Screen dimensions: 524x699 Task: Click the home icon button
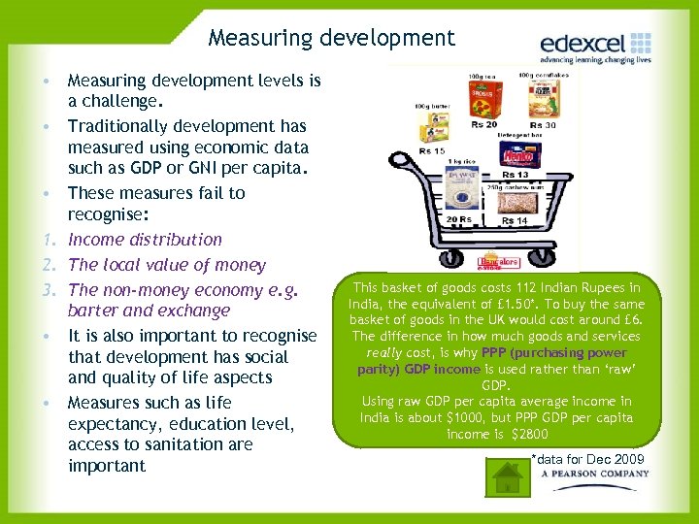point(507,476)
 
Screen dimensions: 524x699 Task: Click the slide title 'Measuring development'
point(331,38)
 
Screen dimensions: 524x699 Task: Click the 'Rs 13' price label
point(516,175)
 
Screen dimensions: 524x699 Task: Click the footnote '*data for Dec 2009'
point(586,458)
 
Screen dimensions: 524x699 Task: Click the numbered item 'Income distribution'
point(145,240)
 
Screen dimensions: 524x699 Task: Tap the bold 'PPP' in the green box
point(495,352)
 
